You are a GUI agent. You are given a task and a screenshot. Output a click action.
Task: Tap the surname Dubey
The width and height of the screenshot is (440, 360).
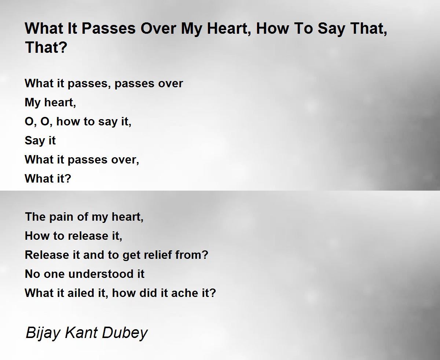pyautogui.click(x=125, y=333)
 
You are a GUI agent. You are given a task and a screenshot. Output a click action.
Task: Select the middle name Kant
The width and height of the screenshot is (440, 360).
pyautogui.click(x=81, y=333)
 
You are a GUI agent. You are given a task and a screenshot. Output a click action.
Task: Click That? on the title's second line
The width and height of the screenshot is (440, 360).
pyautogui.click(x=46, y=47)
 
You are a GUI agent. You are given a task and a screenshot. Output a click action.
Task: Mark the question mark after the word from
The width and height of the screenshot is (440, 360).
pyautogui.click(x=205, y=255)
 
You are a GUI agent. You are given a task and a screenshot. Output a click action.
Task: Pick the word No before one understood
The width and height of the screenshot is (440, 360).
pyautogui.click(x=32, y=274)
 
